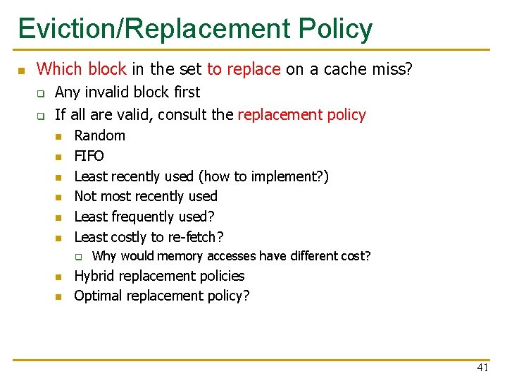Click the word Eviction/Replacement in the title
click(154, 29)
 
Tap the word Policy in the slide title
click(335, 29)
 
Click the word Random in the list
click(99, 135)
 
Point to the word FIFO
click(89, 156)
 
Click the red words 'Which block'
click(81, 69)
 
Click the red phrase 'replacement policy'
click(302, 114)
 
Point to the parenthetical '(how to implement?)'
click(263, 176)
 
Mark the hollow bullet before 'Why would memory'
click(80, 257)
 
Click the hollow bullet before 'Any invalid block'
click(41, 92)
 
